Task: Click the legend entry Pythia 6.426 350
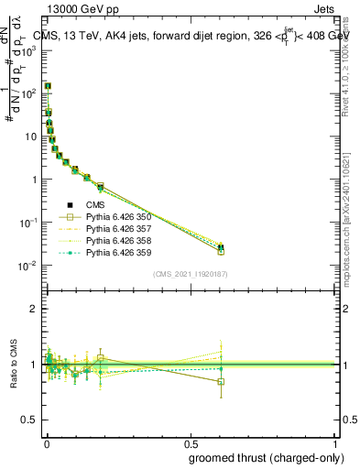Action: pyautogui.click(x=119, y=216)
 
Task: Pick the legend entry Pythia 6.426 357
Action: pyautogui.click(x=119, y=228)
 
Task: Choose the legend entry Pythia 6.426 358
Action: pyautogui.click(x=119, y=240)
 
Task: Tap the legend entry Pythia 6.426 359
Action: pyautogui.click(x=119, y=252)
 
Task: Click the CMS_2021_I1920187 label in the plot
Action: pyautogui.click(x=190, y=274)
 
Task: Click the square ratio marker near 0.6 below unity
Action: pyautogui.click(x=221, y=382)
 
